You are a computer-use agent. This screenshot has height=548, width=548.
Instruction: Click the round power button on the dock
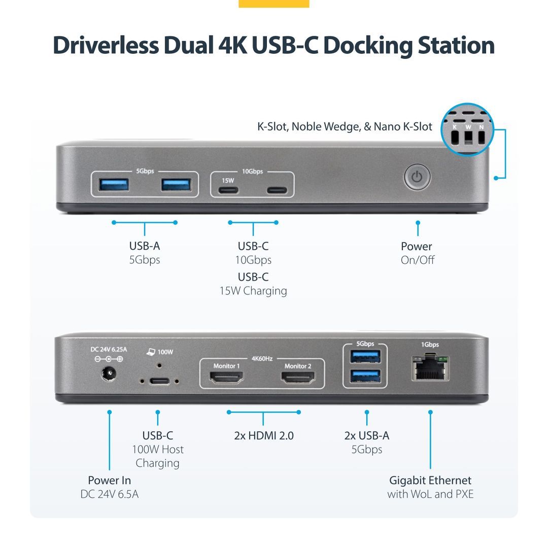pyautogui.click(x=417, y=178)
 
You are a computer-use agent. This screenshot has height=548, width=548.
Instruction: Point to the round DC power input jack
pyautogui.click(x=109, y=375)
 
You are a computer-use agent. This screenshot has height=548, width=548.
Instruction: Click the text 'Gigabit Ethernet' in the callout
pyautogui.click(x=430, y=480)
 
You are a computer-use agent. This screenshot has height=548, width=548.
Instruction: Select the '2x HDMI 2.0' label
pyautogui.click(x=264, y=435)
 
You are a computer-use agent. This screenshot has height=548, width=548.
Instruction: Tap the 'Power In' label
pyautogui.click(x=109, y=480)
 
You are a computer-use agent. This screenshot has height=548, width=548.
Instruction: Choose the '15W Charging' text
pyautogui.click(x=253, y=291)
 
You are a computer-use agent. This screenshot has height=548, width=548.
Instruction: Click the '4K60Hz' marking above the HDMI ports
pyautogui.click(x=262, y=358)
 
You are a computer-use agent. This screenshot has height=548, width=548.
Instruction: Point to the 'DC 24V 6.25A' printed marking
pyautogui.click(x=108, y=349)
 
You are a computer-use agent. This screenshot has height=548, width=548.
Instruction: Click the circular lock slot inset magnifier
pyautogui.click(x=467, y=130)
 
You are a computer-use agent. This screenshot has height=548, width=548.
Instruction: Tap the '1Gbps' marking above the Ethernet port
pyautogui.click(x=430, y=345)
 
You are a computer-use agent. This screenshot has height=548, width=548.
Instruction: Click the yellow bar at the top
pyautogui.click(x=273, y=4)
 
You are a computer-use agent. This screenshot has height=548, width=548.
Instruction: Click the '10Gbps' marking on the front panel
pyautogui.click(x=252, y=172)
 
